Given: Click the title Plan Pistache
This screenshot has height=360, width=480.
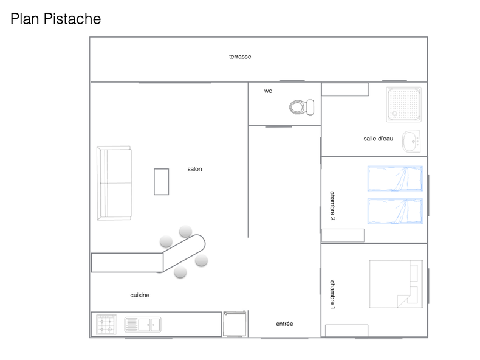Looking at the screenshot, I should pos(55,19).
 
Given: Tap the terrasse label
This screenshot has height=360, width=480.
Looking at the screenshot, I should pos(240,57).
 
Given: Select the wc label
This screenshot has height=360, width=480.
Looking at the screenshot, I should pos(268,91).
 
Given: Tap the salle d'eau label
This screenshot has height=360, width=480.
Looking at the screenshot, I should pos(378,139).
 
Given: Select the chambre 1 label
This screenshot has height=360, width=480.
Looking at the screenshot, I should pos(332,295).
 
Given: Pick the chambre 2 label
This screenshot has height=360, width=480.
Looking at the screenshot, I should pos(332,205).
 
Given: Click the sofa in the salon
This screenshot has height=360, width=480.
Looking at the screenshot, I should pos(114,182).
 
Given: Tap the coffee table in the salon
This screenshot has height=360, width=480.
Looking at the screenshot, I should pos(161,181).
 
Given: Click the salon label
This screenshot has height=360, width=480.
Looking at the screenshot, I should pos(194,169).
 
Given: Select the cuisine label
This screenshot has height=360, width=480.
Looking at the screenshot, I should pos(140,295).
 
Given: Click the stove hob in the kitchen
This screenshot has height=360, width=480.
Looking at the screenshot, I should pos(106,324).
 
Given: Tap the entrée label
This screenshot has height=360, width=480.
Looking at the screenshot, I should pos(284,324).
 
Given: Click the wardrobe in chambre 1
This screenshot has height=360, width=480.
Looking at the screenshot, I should pos(346,330).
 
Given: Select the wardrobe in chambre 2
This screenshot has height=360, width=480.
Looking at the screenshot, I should pos(343,235).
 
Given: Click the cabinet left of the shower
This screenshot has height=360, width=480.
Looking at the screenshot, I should pos(345,89).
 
